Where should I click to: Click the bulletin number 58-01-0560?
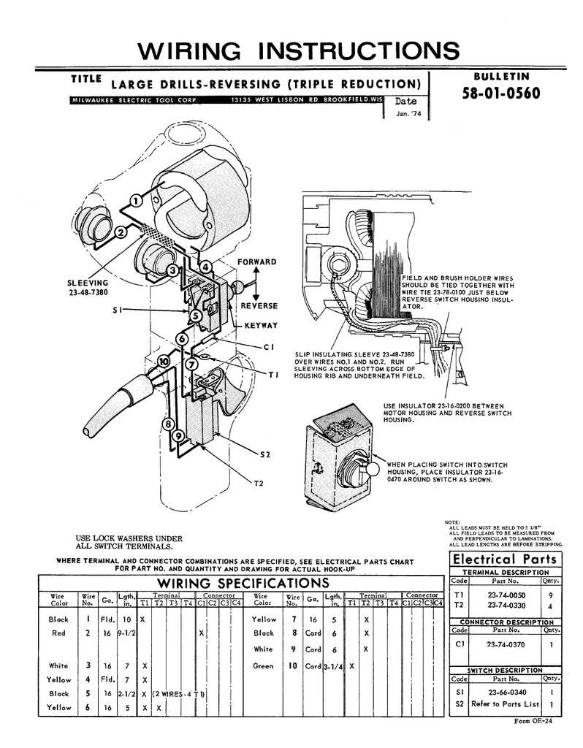point(500,94)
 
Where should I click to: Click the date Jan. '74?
point(407,114)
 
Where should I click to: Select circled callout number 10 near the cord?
point(164,361)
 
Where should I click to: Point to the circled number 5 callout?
point(197,315)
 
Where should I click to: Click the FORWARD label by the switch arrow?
point(256,262)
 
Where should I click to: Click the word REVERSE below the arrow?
point(259,305)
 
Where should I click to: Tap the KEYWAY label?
point(261,325)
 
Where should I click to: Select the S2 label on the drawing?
point(266,454)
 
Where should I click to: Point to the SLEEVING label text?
point(88,282)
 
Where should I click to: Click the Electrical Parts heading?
point(506,559)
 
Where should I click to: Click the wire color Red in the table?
point(59,633)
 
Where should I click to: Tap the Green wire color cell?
point(263,666)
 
